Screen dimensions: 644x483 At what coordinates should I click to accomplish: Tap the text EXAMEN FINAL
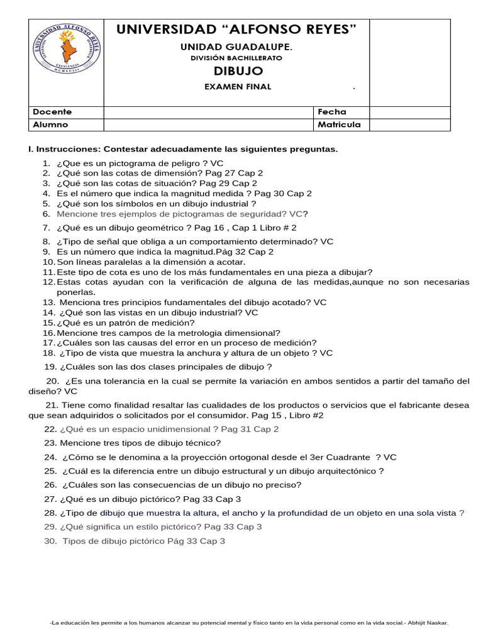point(238,87)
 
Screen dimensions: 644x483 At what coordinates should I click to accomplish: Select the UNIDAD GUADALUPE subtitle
point(236,47)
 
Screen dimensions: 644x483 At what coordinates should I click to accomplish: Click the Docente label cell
point(52,112)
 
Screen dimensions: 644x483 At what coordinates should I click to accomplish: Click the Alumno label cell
point(50,125)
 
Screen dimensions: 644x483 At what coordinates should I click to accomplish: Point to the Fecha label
point(331,112)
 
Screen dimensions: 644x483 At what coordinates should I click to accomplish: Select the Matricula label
point(339,125)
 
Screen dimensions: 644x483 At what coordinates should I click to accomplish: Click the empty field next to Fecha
point(409,112)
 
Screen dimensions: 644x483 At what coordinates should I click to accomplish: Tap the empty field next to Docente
point(209,112)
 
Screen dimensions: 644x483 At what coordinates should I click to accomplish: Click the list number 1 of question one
point(47,163)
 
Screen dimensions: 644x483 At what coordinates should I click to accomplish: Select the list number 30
point(51,541)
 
